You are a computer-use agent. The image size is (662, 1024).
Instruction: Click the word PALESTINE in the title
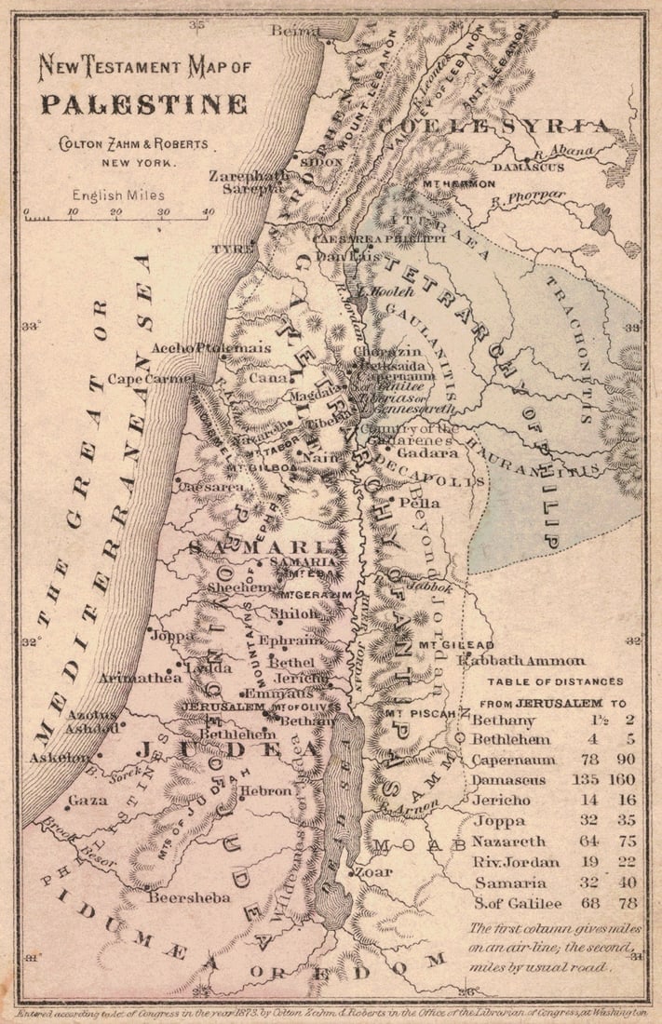pos(142,103)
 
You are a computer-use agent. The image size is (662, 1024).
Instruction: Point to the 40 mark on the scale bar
pos(207,211)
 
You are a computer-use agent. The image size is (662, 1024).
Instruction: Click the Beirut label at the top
pos(295,31)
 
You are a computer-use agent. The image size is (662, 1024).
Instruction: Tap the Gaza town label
pos(88,800)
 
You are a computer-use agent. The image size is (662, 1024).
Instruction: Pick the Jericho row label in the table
pos(501,800)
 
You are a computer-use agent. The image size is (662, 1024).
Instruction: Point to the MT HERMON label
pos(458,184)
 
